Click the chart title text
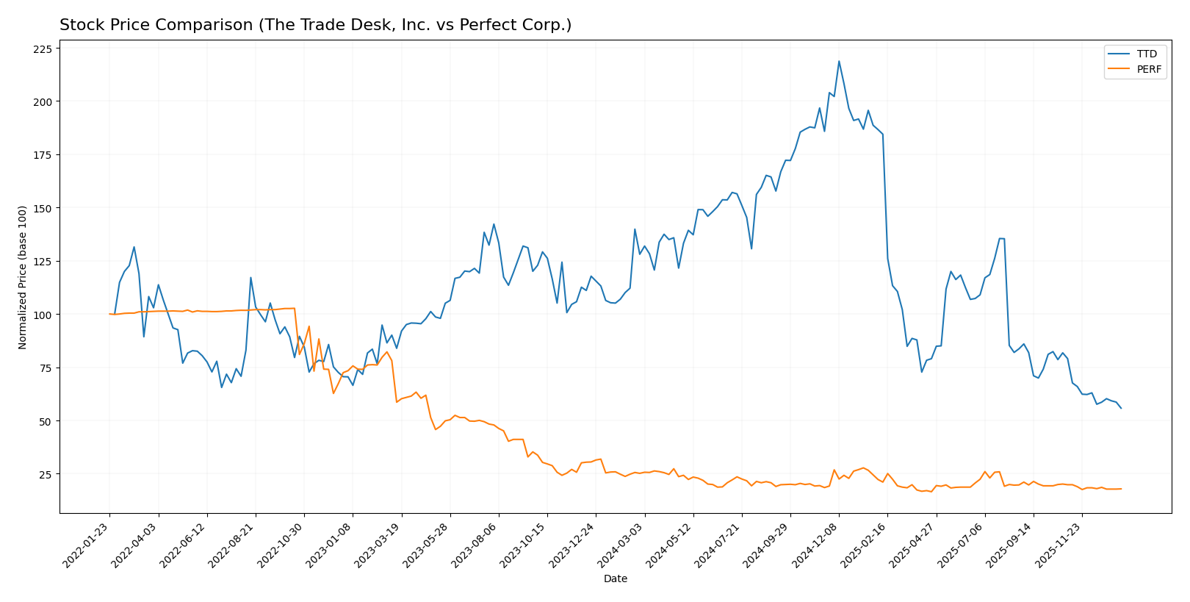(315, 25)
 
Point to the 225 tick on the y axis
(43, 49)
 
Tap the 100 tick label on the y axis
(43, 315)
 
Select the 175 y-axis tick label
(43, 155)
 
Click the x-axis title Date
(615, 579)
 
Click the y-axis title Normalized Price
(23, 277)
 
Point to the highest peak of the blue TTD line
(839, 61)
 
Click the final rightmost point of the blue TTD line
(1121, 408)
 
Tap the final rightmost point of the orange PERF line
(1121, 489)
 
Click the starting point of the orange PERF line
(109, 314)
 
